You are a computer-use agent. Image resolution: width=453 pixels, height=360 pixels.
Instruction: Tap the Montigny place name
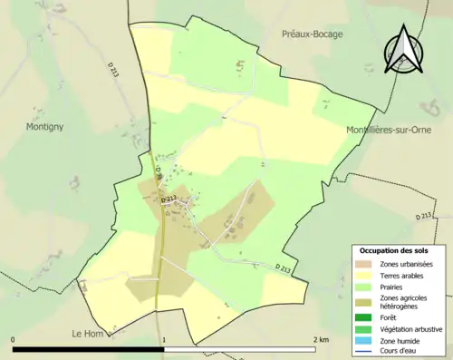point(44,128)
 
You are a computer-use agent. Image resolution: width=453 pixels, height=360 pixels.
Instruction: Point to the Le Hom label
point(89,334)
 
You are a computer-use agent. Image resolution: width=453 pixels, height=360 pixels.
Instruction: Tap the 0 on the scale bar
point(14,339)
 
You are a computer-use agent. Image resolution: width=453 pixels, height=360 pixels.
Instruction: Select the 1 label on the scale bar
point(164,339)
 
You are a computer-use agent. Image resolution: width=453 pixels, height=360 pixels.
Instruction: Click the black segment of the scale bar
point(88,348)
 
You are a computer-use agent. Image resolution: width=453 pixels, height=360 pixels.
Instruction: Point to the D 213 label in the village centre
point(168,199)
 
